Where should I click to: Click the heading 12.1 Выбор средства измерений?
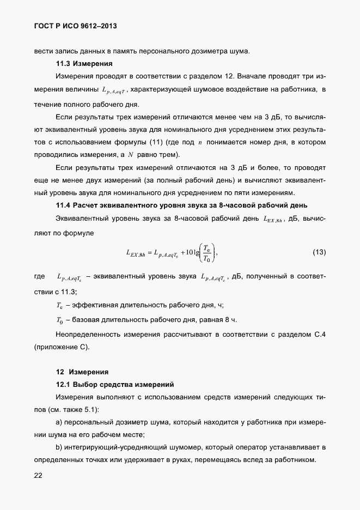tap(114, 385)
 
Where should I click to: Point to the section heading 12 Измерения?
tap(82, 373)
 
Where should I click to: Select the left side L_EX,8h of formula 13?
tap(136, 252)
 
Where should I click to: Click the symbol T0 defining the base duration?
tap(60, 319)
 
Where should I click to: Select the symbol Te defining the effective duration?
tap(60, 305)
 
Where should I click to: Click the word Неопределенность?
tap(89, 334)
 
